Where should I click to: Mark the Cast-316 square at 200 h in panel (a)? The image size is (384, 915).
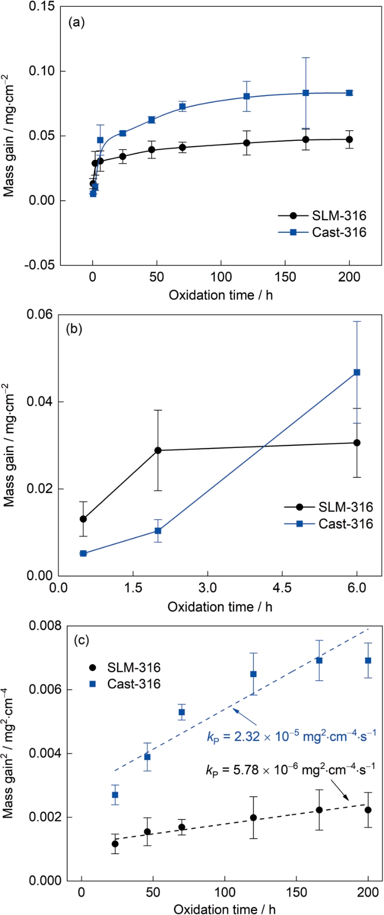coord(349,93)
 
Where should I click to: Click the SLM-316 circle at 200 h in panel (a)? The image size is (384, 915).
coord(349,139)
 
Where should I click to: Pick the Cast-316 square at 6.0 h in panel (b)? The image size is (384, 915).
coord(357,372)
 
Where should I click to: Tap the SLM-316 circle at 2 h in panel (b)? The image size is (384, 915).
coord(158,451)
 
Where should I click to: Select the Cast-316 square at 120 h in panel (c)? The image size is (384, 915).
coord(253,674)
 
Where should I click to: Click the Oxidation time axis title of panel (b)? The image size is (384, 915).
coord(220,607)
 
